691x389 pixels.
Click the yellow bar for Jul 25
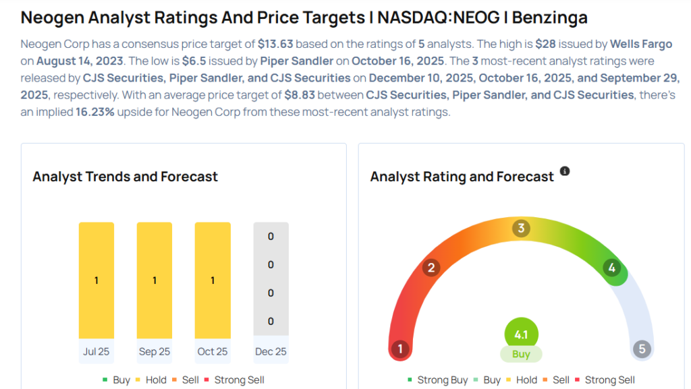tap(96, 279)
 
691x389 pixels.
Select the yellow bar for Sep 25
tap(155, 279)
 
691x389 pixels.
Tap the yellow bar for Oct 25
tap(213, 279)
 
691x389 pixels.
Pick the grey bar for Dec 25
tap(271, 279)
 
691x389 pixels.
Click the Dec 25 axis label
tap(271, 351)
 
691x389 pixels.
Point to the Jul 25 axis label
tap(96, 351)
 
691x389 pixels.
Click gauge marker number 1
tap(400, 349)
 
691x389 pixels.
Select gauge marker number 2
tap(431, 268)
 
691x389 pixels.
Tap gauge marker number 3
tap(520, 228)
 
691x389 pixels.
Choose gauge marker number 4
tap(611, 268)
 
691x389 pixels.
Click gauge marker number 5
tap(642, 349)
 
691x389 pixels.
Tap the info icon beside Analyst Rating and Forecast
tap(565, 171)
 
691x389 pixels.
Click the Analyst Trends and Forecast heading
tap(126, 177)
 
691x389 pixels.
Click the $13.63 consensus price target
tap(275, 44)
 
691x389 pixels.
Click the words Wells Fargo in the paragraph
tap(640, 44)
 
